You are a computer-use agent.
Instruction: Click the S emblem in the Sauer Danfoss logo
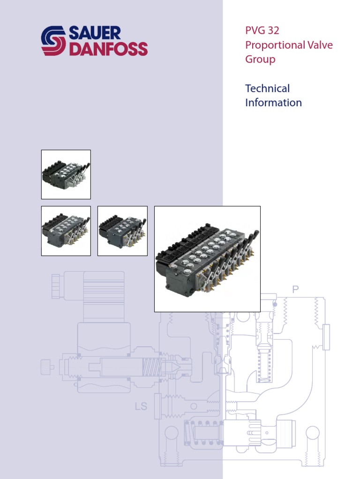(x=54, y=41)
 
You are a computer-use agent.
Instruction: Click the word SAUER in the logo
(x=95, y=34)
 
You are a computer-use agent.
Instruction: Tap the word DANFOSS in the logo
(x=108, y=49)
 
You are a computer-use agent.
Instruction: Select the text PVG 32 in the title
(x=262, y=31)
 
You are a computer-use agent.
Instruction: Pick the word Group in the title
(x=260, y=59)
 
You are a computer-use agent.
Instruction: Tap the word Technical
(x=267, y=88)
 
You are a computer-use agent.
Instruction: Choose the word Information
(x=273, y=102)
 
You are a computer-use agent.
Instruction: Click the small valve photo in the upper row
(x=66, y=174)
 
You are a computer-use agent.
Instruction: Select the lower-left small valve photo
(x=66, y=231)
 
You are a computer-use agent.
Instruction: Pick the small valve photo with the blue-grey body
(x=122, y=231)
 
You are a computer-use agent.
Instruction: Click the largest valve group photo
(x=207, y=259)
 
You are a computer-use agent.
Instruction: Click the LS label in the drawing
(x=141, y=406)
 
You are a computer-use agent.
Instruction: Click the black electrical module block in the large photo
(x=187, y=246)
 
